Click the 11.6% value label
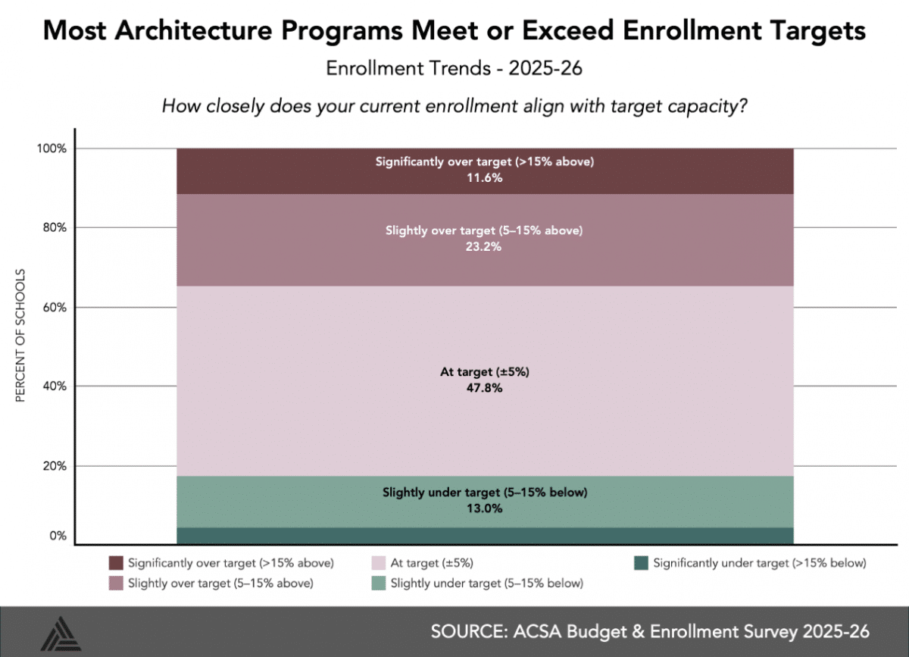pos(485,179)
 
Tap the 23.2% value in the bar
pos(485,247)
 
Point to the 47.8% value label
pos(485,389)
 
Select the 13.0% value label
pos(485,509)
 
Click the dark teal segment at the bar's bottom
pos(485,536)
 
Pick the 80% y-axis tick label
pos(55,227)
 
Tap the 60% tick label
pos(55,307)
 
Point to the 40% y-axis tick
pos(55,386)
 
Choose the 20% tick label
pos(55,465)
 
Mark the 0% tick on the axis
pos(58,537)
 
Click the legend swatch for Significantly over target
pos(116,563)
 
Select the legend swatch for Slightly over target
pos(116,583)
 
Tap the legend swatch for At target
pos(379,563)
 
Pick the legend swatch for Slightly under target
pos(379,583)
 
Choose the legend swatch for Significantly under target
pos(641,563)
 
